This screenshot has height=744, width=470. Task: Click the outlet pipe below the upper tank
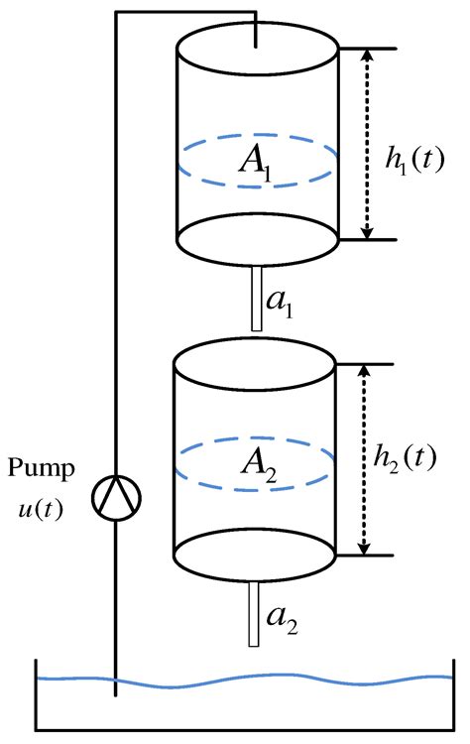257,298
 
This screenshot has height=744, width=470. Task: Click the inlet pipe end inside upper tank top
257,43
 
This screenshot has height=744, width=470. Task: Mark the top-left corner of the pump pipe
117,13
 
